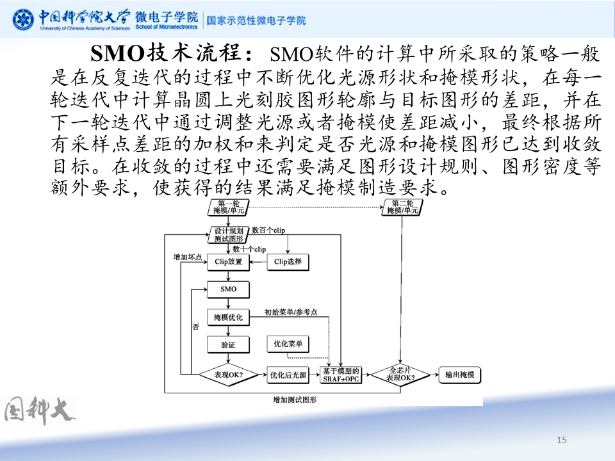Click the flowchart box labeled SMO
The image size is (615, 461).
click(x=228, y=289)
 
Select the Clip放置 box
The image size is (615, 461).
click(x=228, y=261)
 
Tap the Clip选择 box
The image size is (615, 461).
click(x=288, y=261)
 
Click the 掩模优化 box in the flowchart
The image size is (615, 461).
click(x=228, y=317)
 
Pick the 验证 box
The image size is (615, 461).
click(x=228, y=344)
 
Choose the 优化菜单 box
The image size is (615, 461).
click(x=288, y=344)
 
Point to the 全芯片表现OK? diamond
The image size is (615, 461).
click(x=400, y=375)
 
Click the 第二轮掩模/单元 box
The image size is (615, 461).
click(x=402, y=206)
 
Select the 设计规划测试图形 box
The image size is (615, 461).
click(x=228, y=234)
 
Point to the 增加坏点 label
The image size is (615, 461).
click(x=188, y=257)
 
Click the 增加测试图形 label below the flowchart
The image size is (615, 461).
click(x=295, y=400)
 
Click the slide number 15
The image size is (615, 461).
click(x=562, y=439)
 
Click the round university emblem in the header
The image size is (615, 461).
click(x=24, y=20)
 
